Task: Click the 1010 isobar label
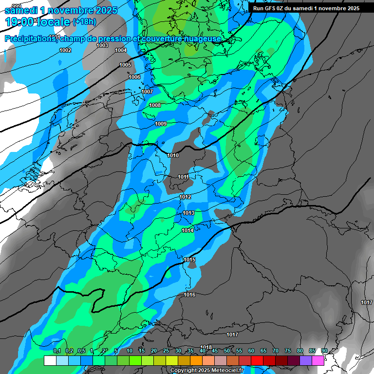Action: click(173, 155)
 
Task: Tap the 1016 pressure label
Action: click(189, 295)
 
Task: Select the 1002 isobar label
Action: click(65, 50)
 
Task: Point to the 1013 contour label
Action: click(188, 213)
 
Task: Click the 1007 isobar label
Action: click(147, 92)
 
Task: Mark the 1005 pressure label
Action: click(125, 65)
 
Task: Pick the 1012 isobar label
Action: click(185, 197)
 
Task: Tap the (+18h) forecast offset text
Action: click(84, 22)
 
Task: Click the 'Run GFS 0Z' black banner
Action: click(306, 8)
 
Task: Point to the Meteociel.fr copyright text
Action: click(207, 370)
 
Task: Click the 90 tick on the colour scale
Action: click(324, 351)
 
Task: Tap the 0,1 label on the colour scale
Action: click(56, 351)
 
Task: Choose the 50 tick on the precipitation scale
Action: click(227, 351)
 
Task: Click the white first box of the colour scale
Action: click(50, 360)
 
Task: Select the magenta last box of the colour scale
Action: click(318, 360)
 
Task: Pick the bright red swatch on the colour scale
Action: click(257, 360)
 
